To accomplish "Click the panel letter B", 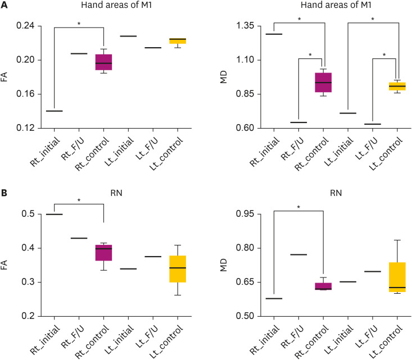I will [4, 194].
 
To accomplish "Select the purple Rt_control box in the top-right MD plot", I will [323, 82].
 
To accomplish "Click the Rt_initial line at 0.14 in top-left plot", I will [54, 111].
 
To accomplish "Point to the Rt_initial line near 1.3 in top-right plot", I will [274, 34].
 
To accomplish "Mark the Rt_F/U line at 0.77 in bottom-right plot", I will [298, 254].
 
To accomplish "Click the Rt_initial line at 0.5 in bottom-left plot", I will [54, 215].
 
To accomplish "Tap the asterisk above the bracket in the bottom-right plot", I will [298, 207].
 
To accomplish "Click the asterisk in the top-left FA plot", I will [79, 23].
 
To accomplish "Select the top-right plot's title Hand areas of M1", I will [336, 6].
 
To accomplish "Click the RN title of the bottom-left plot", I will [116, 197].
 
